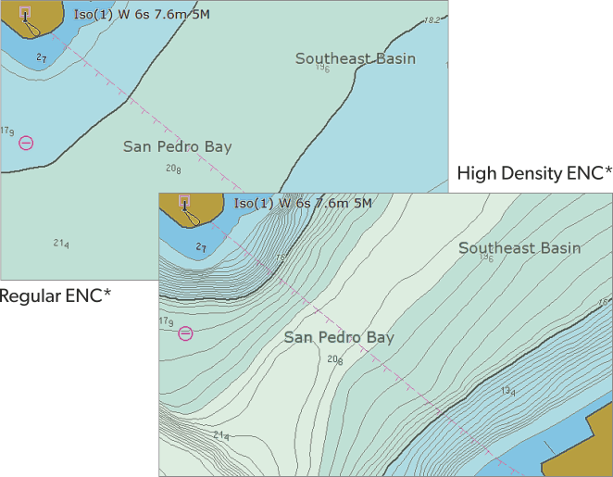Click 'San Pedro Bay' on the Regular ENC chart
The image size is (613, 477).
(178, 146)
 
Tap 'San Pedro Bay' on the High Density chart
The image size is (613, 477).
(339, 337)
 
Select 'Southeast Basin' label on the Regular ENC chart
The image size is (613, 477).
(356, 58)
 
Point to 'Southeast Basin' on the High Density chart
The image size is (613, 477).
(519, 247)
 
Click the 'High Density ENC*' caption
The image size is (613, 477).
(534, 173)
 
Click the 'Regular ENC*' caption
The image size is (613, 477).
(56, 295)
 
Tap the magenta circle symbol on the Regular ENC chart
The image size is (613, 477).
(26, 143)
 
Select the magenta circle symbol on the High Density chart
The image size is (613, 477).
(185, 333)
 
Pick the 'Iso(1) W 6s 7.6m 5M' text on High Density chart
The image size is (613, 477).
(303, 203)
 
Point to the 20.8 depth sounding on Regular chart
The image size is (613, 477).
(173, 169)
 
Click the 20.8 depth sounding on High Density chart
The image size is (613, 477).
(335, 359)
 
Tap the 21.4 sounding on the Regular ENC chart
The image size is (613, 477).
(61, 244)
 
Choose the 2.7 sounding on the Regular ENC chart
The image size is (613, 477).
(41, 58)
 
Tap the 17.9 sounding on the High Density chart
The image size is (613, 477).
(167, 322)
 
